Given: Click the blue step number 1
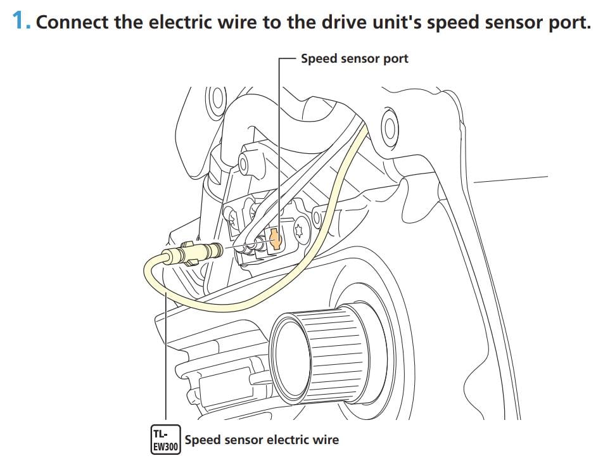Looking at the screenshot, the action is [21, 20].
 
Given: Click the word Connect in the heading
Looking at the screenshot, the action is [72, 22].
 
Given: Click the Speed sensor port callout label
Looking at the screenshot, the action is [354, 59].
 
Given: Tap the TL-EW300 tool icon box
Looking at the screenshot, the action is [166, 440].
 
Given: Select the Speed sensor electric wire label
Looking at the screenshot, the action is [262, 440].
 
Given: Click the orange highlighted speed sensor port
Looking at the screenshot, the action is [275, 239].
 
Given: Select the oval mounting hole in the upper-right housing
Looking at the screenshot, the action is [390, 127].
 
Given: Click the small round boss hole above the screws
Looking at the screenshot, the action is [243, 165].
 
